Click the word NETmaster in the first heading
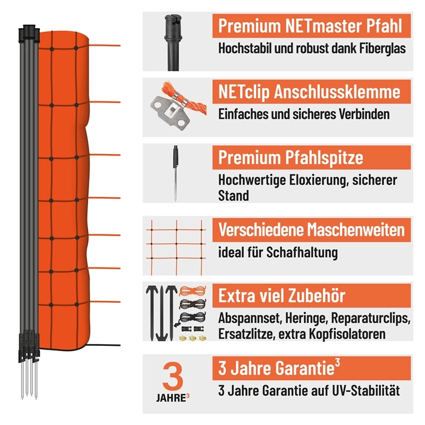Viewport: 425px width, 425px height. (x=323, y=26)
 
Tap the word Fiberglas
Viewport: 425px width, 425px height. (x=382, y=48)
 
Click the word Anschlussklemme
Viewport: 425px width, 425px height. (x=337, y=92)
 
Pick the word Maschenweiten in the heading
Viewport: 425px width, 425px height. (x=355, y=230)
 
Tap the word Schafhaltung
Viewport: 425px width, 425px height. (x=302, y=253)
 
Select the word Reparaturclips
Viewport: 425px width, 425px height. (x=371, y=318)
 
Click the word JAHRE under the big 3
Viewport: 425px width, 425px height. (x=171, y=398)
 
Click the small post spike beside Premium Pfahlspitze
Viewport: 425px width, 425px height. (x=176, y=174)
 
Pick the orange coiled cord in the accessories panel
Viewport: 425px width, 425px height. (x=192, y=291)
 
